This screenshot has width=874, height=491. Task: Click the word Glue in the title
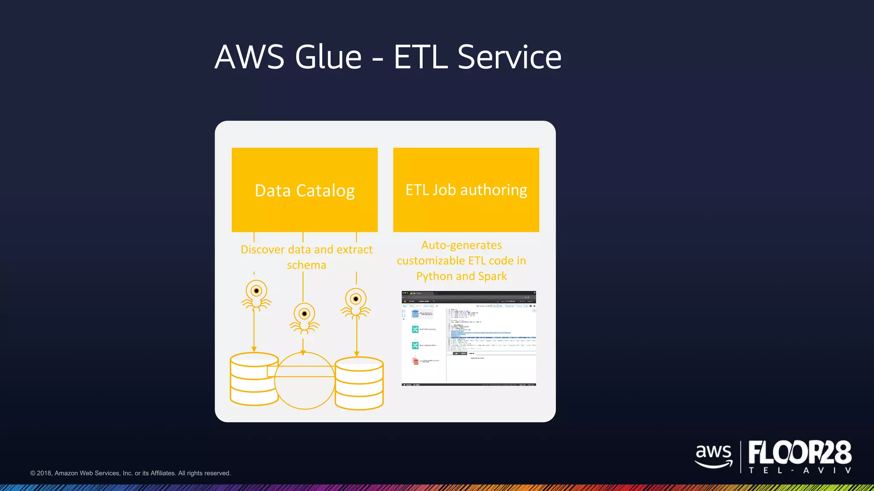click(x=328, y=57)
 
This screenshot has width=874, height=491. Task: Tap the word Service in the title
click(x=509, y=57)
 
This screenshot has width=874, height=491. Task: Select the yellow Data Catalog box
click(x=304, y=190)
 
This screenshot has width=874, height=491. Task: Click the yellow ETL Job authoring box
click(x=466, y=190)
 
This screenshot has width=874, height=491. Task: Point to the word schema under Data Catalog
click(x=306, y=265)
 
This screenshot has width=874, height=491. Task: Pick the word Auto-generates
click(x=461, y=245)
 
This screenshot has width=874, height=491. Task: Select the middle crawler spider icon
click(x=304, y=318)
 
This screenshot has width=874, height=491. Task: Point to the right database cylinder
click(x=359, y=383)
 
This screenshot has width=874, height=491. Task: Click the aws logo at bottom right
click(x=714, y=455)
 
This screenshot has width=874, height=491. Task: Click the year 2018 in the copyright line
click(x=44, y=473)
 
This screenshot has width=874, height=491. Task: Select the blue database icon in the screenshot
click(x=415, y=314)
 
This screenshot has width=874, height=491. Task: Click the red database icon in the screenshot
click(x=415, y=361)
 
